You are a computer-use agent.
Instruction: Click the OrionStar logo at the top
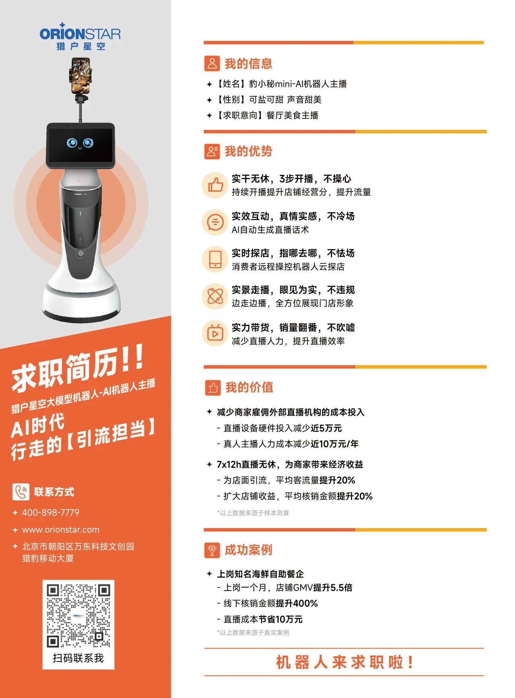80,36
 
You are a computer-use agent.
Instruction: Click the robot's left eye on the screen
72,143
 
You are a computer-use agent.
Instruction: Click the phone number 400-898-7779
51,512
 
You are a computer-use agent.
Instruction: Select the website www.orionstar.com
61,530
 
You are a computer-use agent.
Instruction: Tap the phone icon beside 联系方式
21,491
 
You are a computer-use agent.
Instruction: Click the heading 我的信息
248,63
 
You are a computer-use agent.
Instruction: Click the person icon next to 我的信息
212,63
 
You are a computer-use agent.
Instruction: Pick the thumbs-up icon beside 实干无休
215,185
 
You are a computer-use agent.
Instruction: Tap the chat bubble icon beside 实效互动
215,222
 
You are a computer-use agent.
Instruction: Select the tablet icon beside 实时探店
215,259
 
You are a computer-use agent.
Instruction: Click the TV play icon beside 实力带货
215,334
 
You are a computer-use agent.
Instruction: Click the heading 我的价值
249,387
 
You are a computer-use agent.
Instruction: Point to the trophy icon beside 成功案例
212,550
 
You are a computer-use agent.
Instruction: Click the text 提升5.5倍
333,587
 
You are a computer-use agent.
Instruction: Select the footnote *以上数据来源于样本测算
253,513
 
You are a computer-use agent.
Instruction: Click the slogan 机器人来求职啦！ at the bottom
345,662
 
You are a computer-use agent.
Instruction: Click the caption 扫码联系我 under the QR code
78,658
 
